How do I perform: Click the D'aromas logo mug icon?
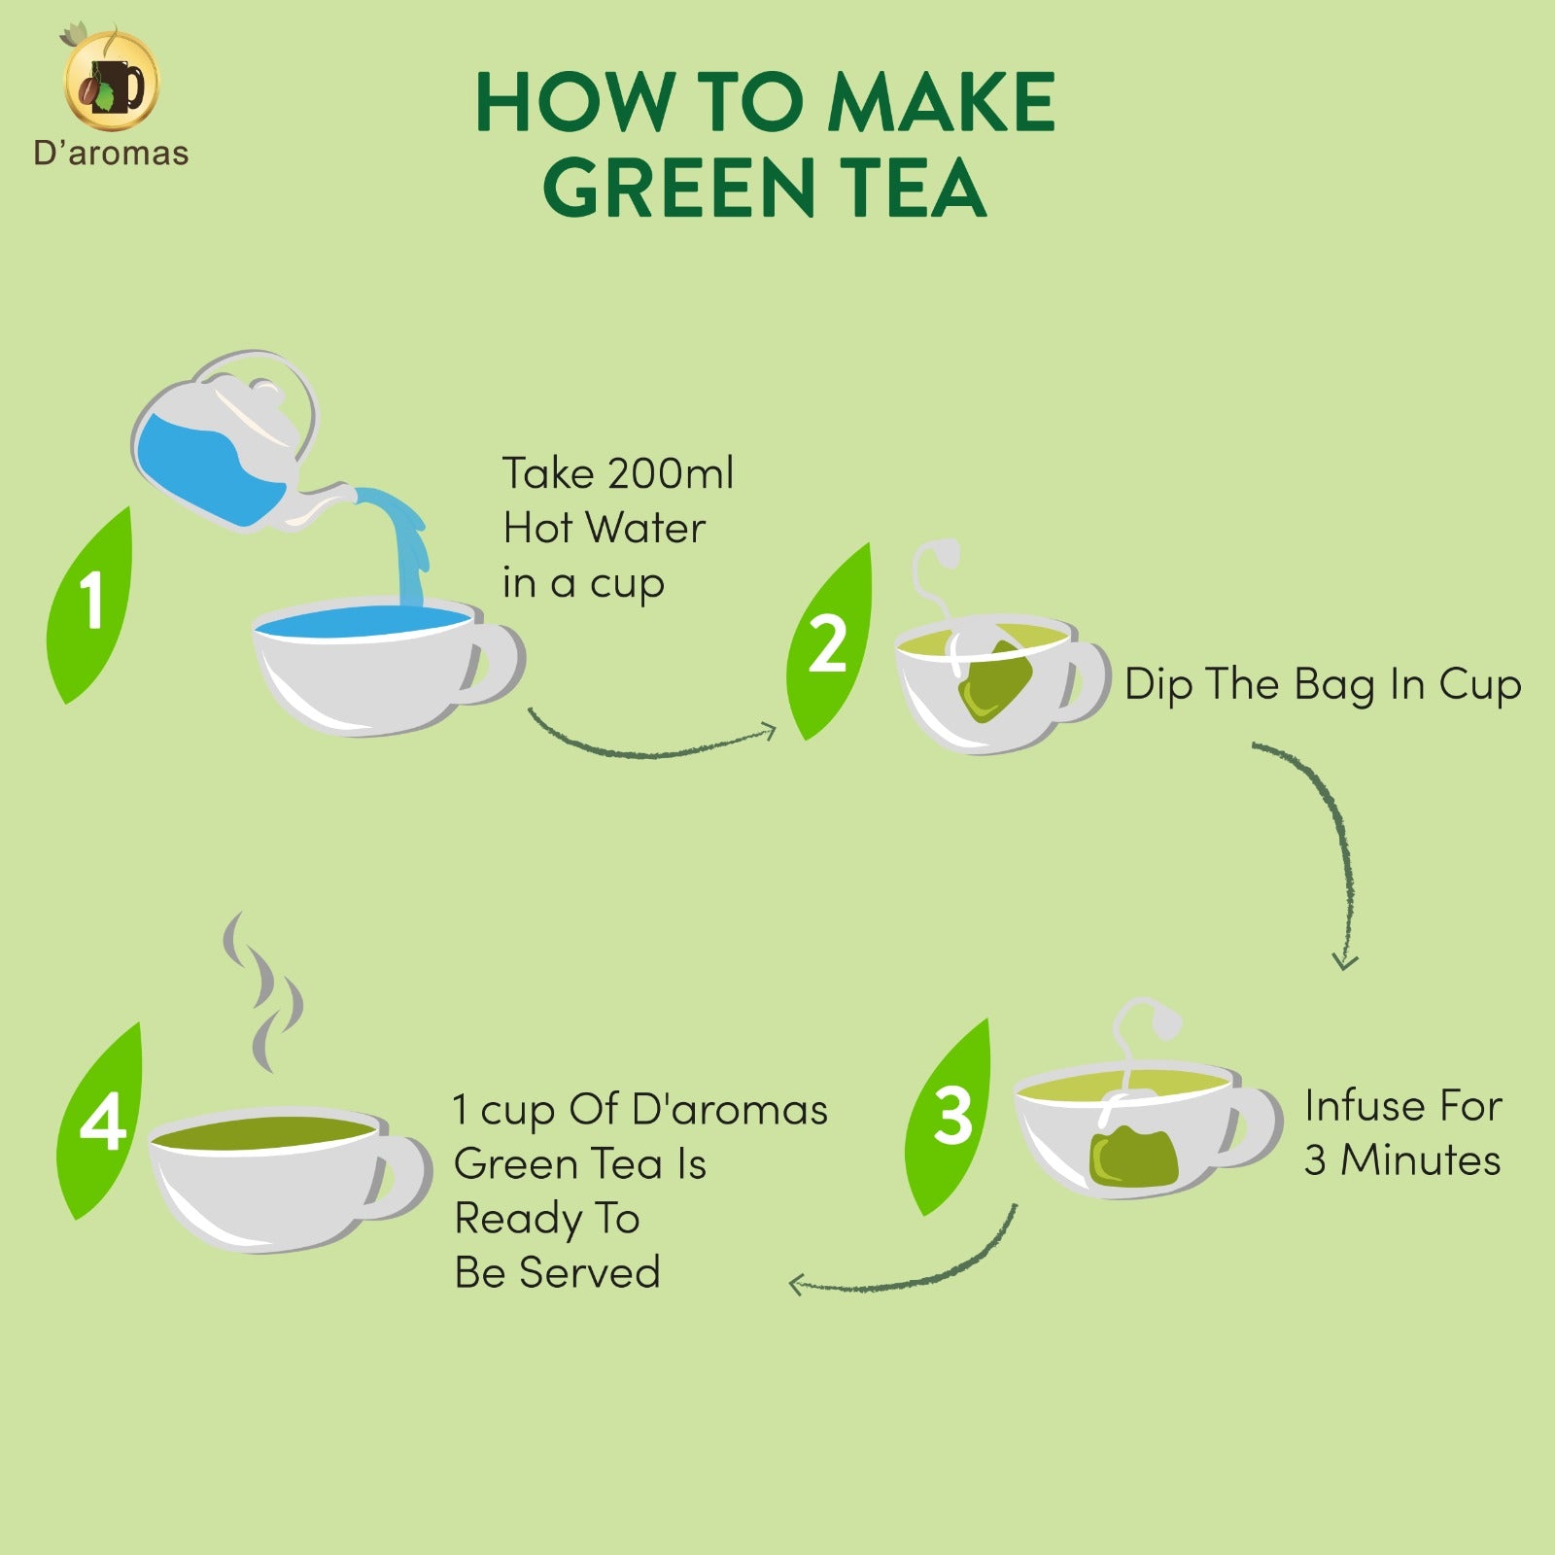(x=111, y=82)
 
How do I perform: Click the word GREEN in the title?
(x=678, y=188)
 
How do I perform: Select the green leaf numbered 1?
(x=89, y=604)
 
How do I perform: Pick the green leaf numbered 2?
(x=829, y=642)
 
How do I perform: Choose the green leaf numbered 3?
(x=949, y=1117)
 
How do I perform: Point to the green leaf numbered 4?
(x=101, y=1121)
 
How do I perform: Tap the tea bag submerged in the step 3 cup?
(x=1132, y=1154)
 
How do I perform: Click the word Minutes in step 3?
(x=1421, y=1159)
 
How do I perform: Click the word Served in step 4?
(x=604, y=1272)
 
